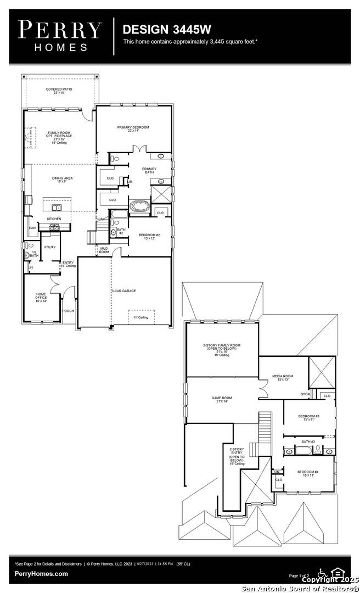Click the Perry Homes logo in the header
click(x=59, y=36)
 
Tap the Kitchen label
click(x=61, y=219)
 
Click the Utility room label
click(x=49, y=247)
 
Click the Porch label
click(x=69, y=311)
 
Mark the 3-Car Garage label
click(x=124, y=291)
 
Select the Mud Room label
click(x=104, y=250)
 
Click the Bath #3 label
click(x=308, y=441)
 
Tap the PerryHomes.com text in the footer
click(x=42, y=574)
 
